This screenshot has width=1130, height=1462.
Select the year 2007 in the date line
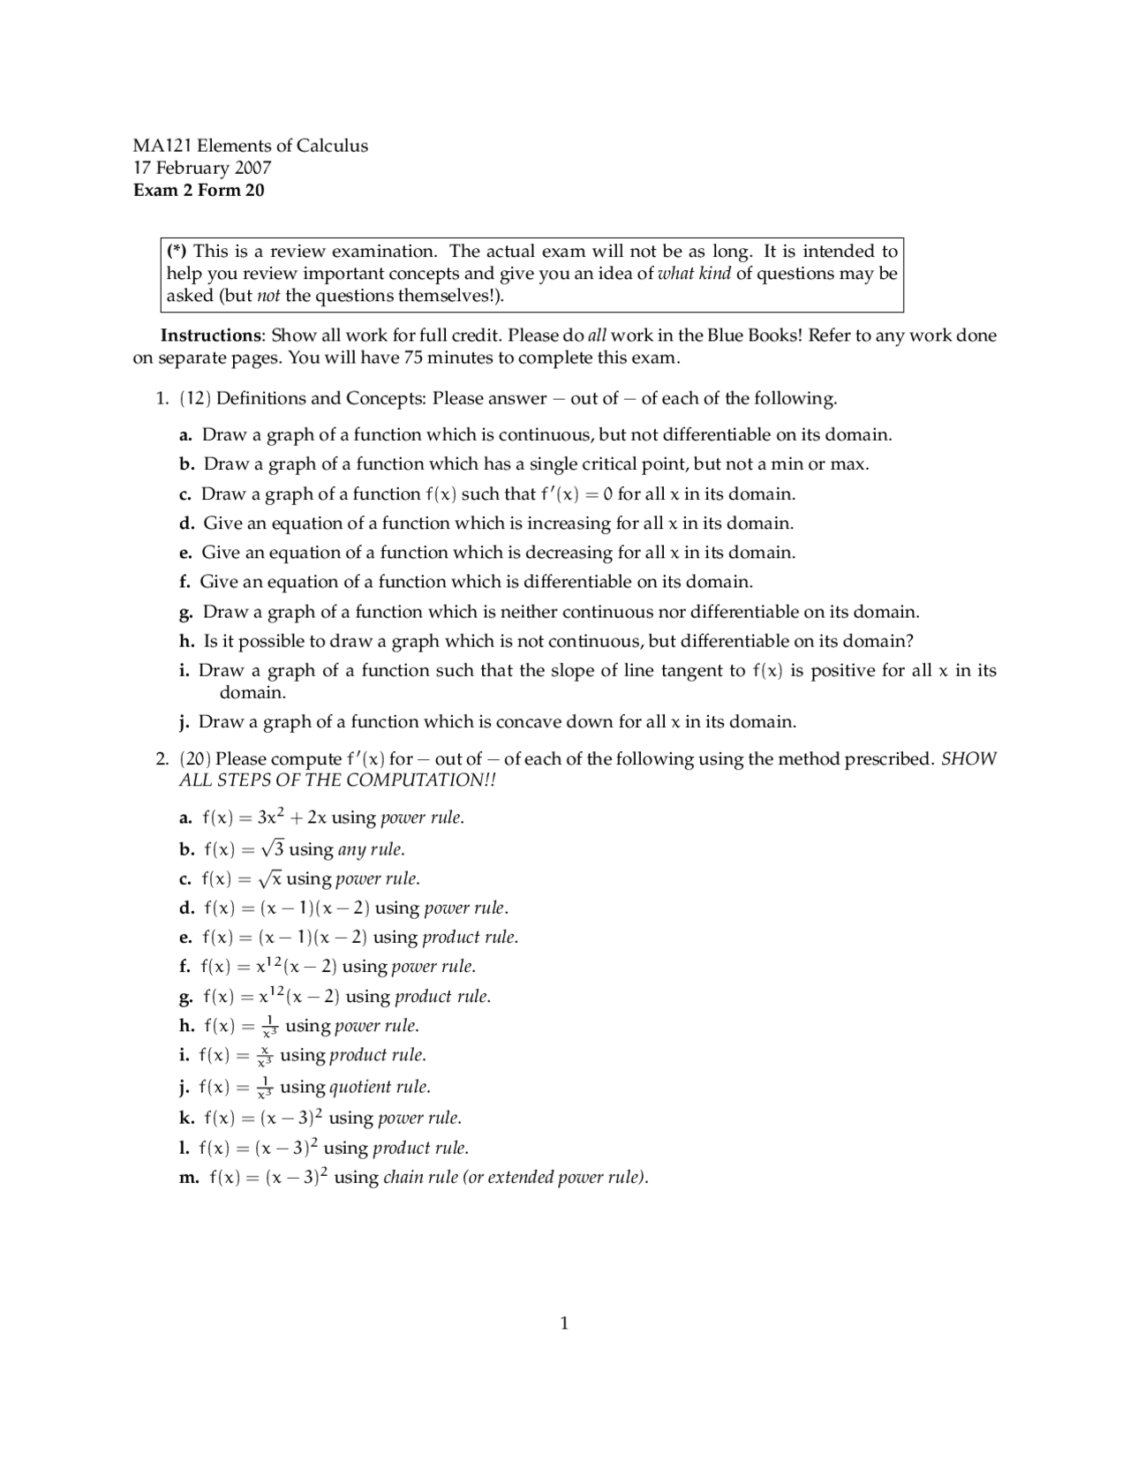tap(252, 168)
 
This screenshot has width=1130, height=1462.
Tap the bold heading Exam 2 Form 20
tap(199, 190)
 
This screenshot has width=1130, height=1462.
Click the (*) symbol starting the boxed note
tap(177, 251)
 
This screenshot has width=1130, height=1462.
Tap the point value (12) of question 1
tap(195, 398)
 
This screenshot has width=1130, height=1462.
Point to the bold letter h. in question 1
tap(186, 641)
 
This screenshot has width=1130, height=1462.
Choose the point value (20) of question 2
tap(195, 758)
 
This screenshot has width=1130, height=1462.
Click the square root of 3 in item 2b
tap(272, 849)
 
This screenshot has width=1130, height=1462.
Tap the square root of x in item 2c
tap(269, 878)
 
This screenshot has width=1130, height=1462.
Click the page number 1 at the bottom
tap(564, 1323)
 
